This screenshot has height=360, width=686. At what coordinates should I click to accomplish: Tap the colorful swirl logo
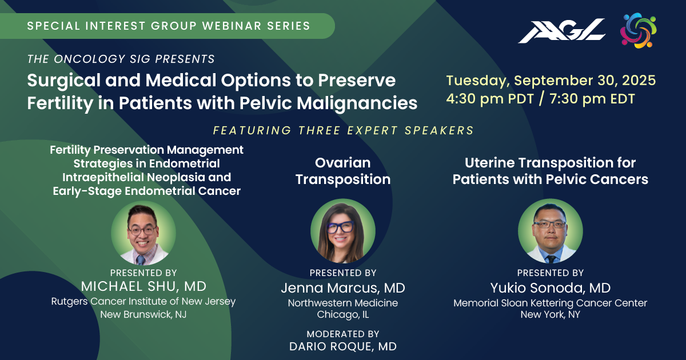click(x=639, y=30)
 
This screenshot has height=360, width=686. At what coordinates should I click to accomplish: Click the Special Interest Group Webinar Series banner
click(x=167, y=26)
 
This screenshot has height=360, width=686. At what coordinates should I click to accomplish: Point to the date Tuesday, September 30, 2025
click(x=551, y=81)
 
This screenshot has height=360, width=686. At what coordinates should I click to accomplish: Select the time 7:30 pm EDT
click(x=592, y=99)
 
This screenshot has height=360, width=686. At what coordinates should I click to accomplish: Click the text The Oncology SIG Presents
click(x=121, y=59)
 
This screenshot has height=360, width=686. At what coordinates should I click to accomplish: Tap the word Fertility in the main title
click(x=60, y=103)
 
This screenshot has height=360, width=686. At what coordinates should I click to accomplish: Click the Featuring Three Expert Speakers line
click(x=344, y=130)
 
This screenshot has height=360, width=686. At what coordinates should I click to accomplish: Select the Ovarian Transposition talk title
click(x=343, y=171)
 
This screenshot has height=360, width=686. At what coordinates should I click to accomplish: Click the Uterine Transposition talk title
click(x=551, y=171)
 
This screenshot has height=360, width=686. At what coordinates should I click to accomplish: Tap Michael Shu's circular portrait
click(x=143, y=233)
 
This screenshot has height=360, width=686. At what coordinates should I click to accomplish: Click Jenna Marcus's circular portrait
click(x=343, y=231)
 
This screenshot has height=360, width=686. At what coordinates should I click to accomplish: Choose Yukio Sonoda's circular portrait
click(x=551, y=231)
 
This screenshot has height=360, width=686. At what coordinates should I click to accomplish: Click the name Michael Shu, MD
click(x=143, y=286)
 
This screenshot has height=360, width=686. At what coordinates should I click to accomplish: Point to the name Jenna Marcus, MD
click(x=343, y=288)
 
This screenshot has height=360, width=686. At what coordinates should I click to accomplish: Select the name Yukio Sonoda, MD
click(x=551, y=288)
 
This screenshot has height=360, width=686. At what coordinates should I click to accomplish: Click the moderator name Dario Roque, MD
click(x=343, y=346)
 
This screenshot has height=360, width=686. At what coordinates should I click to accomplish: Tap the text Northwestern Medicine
click(x=343, y=303)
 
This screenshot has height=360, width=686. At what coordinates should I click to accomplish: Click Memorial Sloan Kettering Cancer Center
click(x=551, y=303)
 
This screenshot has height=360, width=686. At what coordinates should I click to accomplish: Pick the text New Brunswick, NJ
click(x=143, y=314)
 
